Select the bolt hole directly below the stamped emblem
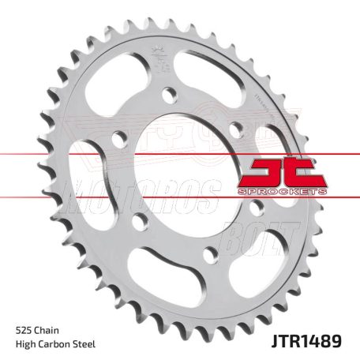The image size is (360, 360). (x=169, y=96)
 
